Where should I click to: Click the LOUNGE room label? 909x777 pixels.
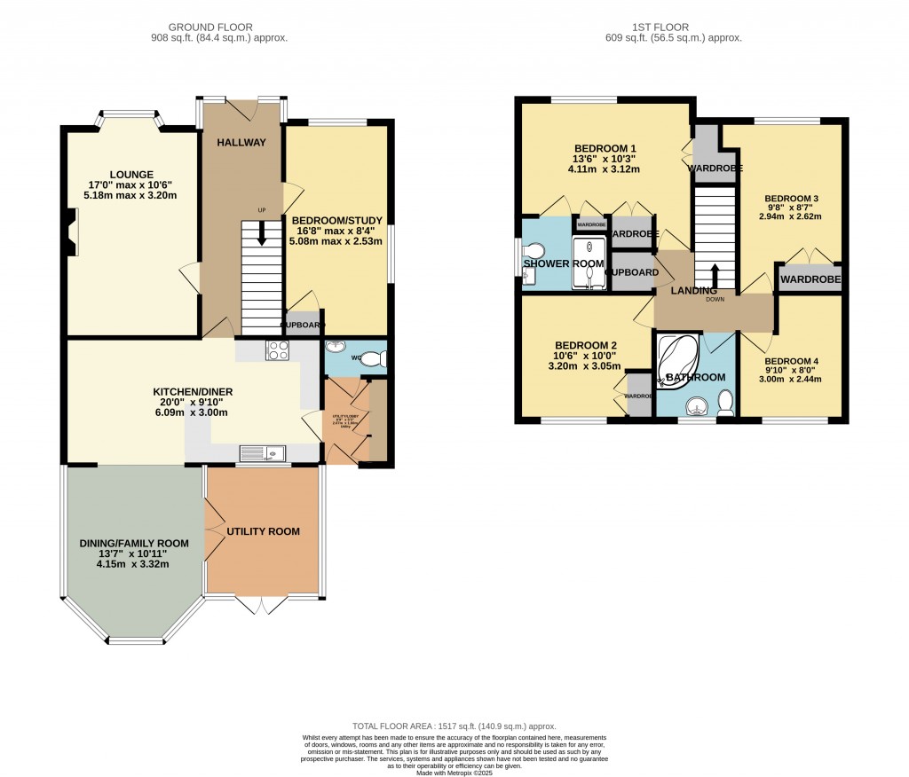coord(131,174)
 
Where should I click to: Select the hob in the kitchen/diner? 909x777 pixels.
coord(277,349)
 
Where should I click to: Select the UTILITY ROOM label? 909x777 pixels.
coord(263,531)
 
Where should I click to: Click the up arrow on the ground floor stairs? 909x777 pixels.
coord(261,232)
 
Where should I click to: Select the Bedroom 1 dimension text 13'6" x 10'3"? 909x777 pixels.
coord(605,159)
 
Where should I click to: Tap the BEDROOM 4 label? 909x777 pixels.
coord(790,360)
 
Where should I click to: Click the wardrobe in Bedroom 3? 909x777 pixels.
coord(810,279)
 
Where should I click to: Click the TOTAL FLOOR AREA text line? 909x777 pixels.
coord(454,726)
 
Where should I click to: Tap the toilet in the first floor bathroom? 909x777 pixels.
coord(725,404)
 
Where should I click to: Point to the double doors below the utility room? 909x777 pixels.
coord(262,603)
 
